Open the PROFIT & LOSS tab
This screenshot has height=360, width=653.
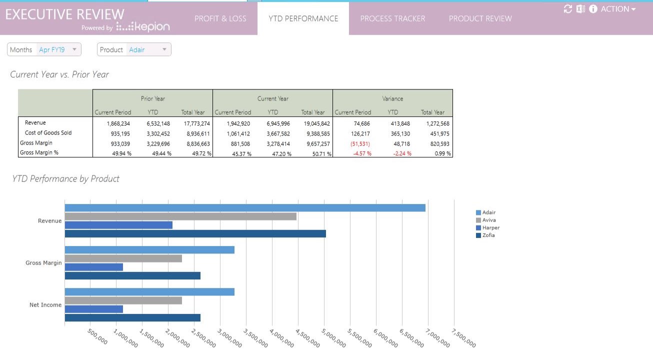tap(220, 18)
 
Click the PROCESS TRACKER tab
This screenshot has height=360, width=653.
tap(392, 18)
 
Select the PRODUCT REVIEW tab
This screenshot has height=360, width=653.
tap(480, 18)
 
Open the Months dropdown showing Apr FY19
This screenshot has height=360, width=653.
tap(44, 49)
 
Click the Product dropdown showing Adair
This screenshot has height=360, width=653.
tap(134, 49)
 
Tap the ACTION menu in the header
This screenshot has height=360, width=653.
tap(618, 9)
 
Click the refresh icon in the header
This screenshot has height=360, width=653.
tap(567, 9)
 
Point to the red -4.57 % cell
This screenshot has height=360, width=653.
tap(362, 153)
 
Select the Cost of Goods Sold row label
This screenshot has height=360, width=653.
tap(48, 133)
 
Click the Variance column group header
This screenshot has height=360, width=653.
tap(392, 98)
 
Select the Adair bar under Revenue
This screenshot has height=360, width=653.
tap(245, 208)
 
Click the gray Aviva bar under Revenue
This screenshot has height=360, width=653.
tap(180, 216)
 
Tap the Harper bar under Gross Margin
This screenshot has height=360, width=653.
tap(94, 267)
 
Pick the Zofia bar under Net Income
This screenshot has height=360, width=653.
tap(132, 317)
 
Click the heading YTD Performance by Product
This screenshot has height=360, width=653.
tap(66, 179)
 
